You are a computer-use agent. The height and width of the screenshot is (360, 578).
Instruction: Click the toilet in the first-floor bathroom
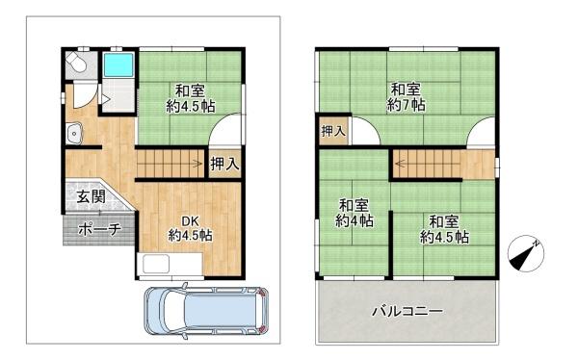coord(76,65)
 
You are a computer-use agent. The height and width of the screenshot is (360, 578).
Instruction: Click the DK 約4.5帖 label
coord(190,227)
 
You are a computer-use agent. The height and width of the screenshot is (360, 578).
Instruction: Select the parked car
coord(205,310)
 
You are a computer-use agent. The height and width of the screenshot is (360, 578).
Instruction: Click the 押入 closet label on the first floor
coord(224,165)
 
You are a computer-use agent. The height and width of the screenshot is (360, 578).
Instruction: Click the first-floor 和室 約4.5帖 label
coord(189,101)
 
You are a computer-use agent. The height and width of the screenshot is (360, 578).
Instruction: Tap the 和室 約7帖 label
coord(406,97)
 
